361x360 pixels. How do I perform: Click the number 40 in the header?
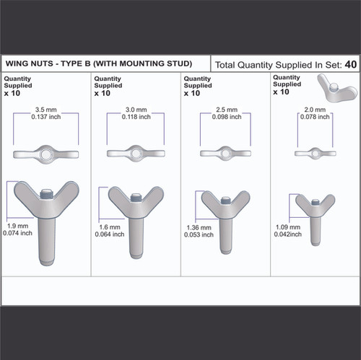350,64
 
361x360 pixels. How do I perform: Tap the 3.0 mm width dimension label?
135,110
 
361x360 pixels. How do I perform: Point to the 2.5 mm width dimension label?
225,110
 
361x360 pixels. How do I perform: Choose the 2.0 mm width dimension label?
314,110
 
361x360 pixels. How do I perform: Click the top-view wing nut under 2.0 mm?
314,153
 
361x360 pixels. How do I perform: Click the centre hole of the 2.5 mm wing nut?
225,153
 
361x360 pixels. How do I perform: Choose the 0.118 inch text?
135,116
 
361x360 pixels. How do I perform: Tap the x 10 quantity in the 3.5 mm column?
14,93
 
